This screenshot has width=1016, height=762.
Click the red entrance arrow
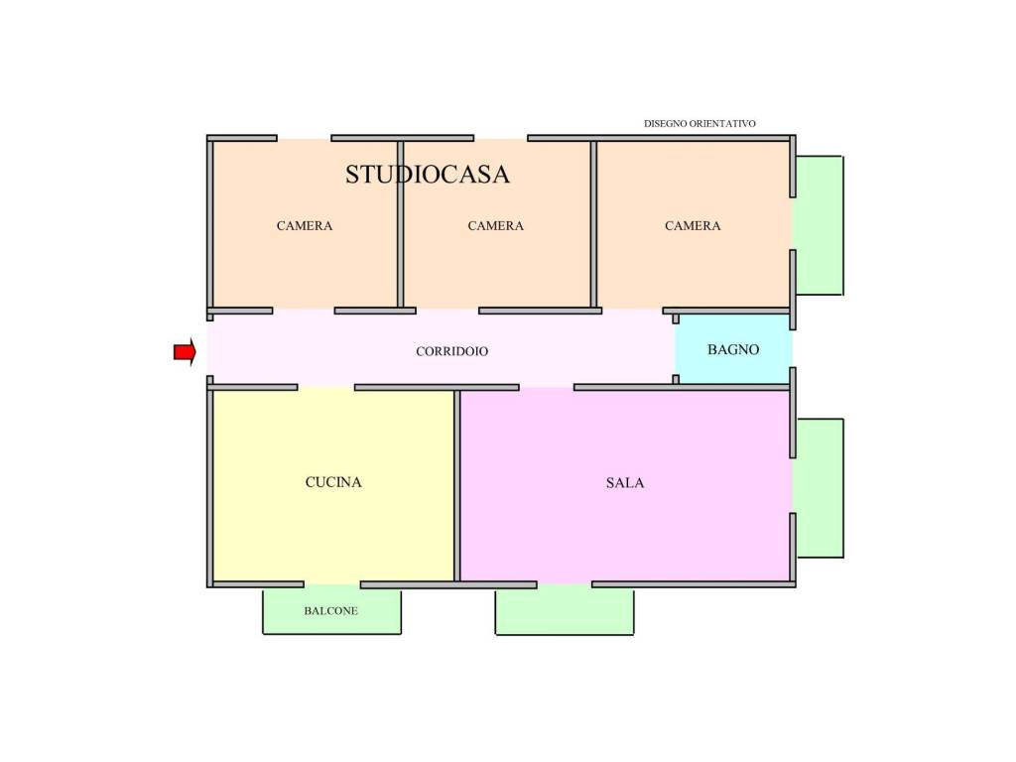(185, 352)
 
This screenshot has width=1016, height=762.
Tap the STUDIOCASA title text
(427, 175)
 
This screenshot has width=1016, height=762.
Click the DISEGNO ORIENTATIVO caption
(699, 123)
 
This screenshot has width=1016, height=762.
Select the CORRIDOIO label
(451, 351)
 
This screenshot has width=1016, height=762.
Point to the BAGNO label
(733, 350)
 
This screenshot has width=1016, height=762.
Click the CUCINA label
(333, 482)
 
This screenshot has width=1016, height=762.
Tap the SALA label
(625, 483)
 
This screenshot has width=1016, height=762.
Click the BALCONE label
(330, 610)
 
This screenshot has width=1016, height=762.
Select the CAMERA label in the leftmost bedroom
(304, 225)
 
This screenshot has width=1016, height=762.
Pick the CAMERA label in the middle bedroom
(495, 225)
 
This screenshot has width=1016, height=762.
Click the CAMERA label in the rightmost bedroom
(692, 225)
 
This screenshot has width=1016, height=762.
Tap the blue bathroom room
(733, 348)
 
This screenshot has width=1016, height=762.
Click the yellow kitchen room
(333, 486)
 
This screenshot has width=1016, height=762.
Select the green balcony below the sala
(565, 610)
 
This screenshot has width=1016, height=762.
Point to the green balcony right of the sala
(819, 488)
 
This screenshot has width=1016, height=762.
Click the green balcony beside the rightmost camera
(818, 225)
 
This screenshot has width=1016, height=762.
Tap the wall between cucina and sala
(456, 486)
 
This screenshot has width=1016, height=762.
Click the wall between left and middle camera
(401, 224)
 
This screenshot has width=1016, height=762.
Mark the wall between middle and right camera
(593, 224)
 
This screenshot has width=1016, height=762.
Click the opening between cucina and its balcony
(331, 584)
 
